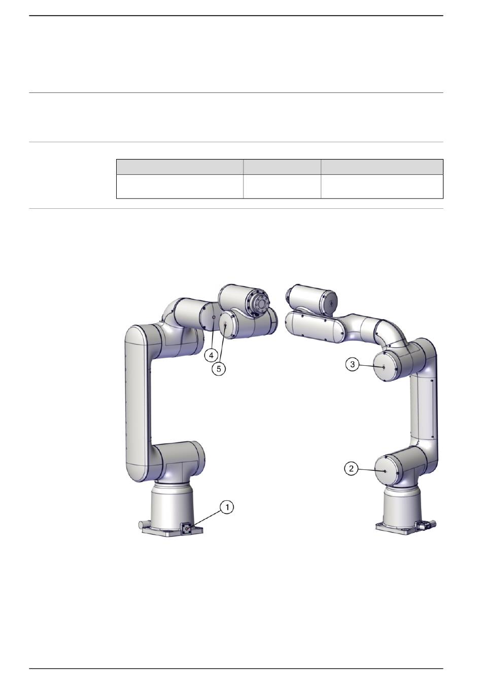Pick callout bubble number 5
219,369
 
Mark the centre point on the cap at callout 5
225,325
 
